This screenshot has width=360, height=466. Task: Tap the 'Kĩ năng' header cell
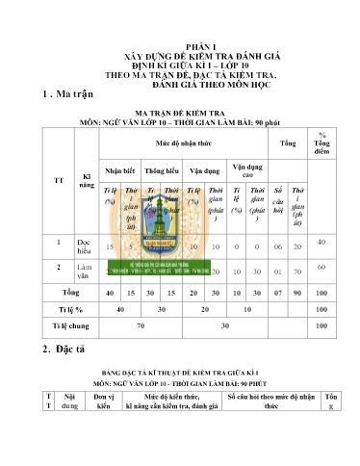87,180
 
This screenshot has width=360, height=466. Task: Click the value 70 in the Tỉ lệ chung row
141,327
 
